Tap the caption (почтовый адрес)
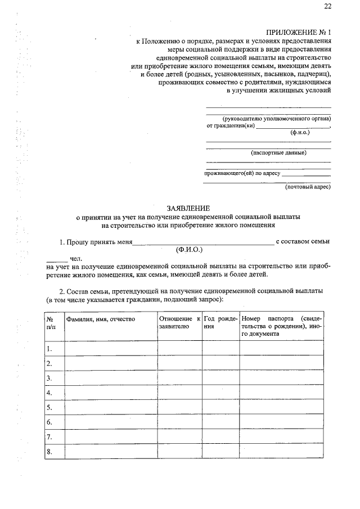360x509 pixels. (307, 187)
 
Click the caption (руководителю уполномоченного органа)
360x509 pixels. (276, 119)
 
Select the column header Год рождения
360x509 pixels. (221, 322)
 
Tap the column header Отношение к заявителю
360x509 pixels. (179, 322)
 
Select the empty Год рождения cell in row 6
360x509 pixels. (221, 422)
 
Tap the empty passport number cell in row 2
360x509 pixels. (281, 363)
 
